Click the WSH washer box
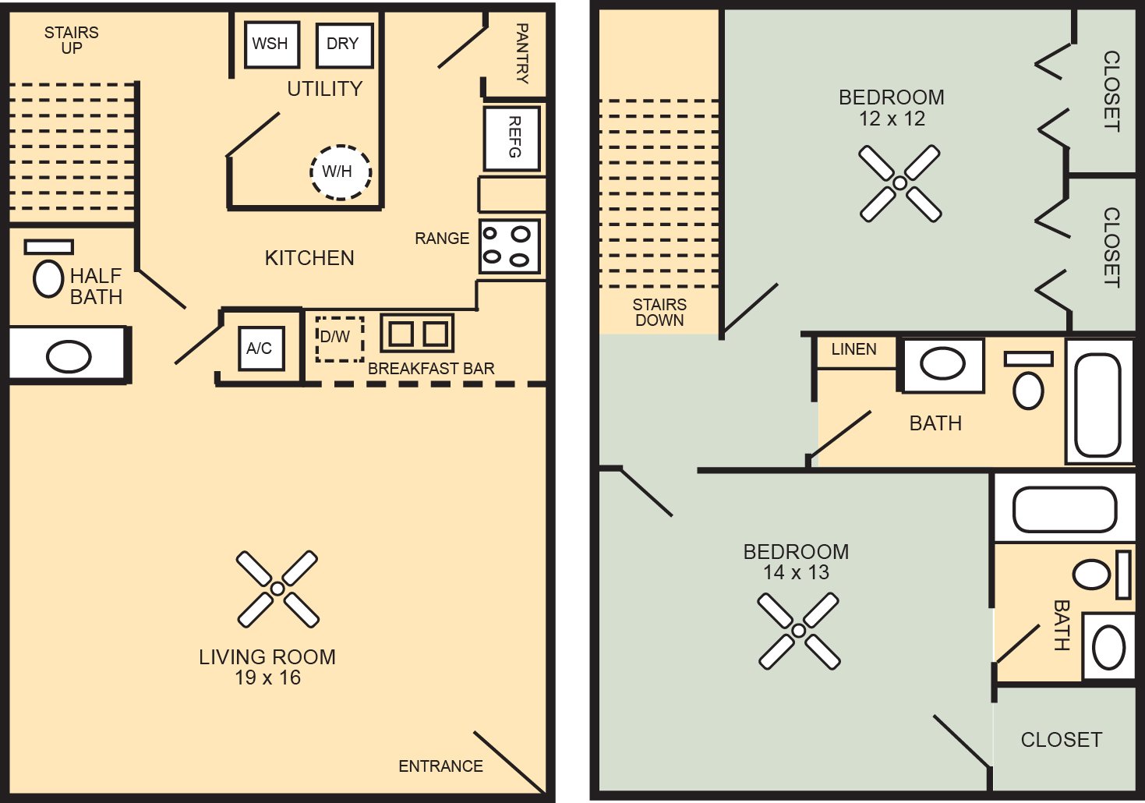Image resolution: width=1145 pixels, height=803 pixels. click(270, 44)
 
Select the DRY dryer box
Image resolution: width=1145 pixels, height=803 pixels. click(343, 44)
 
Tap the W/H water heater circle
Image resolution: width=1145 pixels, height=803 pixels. click(340, 172)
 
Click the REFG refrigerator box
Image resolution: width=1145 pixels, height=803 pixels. click(512, 138)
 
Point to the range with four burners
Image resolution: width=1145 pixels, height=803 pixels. click(509, 246)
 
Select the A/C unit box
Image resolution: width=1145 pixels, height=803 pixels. click(260, 348)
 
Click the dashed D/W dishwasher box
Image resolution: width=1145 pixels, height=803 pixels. click(339, 338)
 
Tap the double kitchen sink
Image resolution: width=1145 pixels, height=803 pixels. click(417, 334)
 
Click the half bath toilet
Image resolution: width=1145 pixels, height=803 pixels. click(48, 278)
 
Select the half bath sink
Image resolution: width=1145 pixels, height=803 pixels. click(69, 357)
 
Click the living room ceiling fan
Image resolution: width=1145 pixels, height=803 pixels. click(277, 589)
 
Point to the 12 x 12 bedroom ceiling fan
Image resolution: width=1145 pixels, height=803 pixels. click(900, 183)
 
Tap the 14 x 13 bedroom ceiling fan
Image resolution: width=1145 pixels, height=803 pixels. click(799, 631)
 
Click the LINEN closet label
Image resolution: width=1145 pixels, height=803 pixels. click(853, 350)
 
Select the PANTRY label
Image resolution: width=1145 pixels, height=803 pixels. click(521, 53)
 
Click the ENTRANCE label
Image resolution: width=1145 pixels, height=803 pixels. click(440, 766)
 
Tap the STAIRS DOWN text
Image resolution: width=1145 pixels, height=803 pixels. click(659, 313)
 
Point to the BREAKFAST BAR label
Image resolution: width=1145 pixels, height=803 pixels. click(431, 369)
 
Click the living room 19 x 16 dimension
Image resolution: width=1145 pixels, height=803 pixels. click(267, 678)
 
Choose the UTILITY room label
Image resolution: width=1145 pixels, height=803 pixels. click(325, 89)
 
